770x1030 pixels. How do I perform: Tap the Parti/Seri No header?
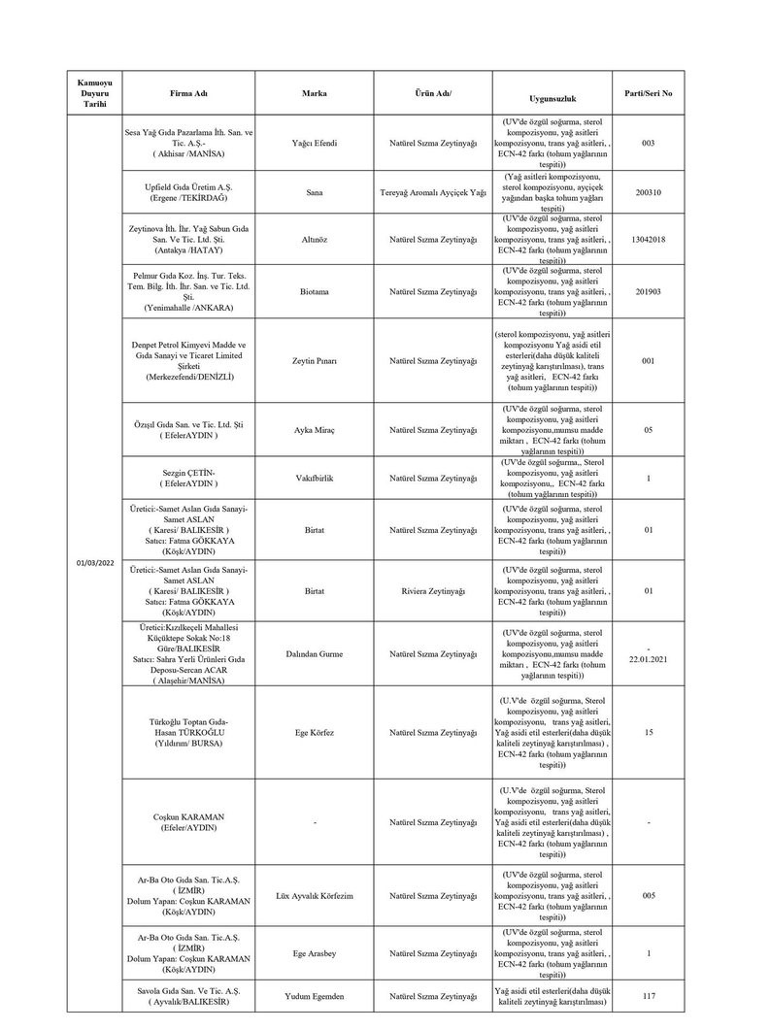pyautogui.click(x=648, y=93)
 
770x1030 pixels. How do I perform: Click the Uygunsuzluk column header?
pyautogui.click(x=552, y=99)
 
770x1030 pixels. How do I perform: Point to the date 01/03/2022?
pyautogui.click(x=94, y=563)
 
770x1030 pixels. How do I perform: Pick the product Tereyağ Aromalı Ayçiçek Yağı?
pyautogui.click(x=433, y=192)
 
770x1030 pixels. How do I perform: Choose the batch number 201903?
pyautogui.click(x=648, y=292)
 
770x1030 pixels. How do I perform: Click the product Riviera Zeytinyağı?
pyautogui.click(x=433, y=590)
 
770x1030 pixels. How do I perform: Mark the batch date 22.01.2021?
pyautogui.click(x=648, y=660)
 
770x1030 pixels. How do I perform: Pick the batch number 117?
pyautogui.click(x=648, y=995)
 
